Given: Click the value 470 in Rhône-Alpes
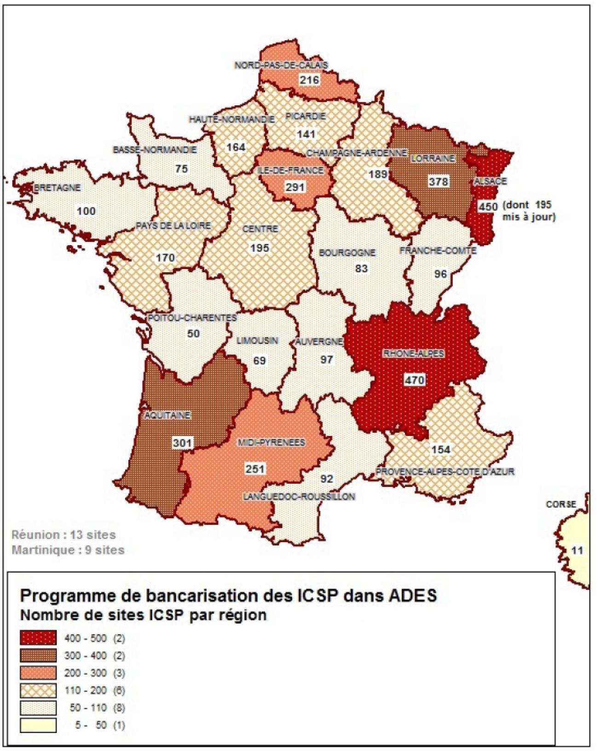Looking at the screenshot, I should tap(415, 380).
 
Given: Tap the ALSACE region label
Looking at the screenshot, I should tap(490, 181).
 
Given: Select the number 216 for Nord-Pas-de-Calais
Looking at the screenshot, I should tap(310, 80).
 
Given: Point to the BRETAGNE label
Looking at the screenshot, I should tap(57, 188).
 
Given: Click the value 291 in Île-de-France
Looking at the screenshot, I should tap(294, 187).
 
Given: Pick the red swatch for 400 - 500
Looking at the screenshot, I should tap(39, 638).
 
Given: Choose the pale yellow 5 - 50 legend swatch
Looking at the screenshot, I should tap(39, 725).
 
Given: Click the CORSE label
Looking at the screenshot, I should tap(561, 504).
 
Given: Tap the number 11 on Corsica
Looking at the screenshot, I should tap(577, 550).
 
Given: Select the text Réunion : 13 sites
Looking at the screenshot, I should tap(63, 535).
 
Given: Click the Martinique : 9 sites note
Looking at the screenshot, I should tap(68, 550).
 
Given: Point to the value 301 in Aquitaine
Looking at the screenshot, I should tap(182, 443).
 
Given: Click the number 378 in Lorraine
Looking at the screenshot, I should tap(438, 181).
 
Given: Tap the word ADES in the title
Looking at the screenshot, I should tap(413, 596).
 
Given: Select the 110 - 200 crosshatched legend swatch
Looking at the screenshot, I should tap(39, 690).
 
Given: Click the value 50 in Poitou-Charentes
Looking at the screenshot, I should tap(193, 333).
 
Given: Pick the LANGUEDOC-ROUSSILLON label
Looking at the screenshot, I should tap(299, 497).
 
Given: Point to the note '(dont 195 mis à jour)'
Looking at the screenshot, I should tap(528, 211).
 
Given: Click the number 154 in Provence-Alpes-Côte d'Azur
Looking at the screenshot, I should tap(441, 449).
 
